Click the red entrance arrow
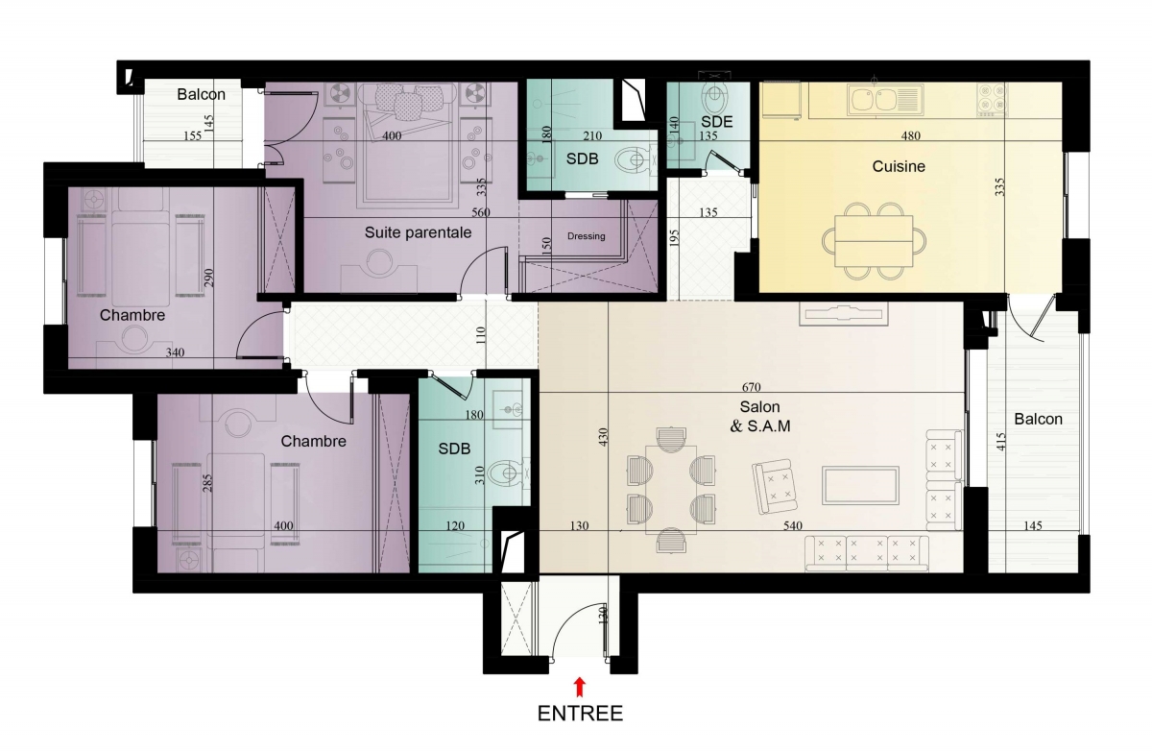click(580, 687)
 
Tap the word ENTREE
click(580, 714)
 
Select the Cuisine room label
click(899, 166)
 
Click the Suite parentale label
click(418, 232)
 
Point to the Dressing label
click(586, 236)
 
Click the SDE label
click(716, 122)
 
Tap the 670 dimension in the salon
click(752, 387)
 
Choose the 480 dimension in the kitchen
click(911, 135)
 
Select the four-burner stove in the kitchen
click(992, 99)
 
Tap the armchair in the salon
click(774, 486)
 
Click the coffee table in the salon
click(860, 486)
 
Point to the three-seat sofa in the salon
click(867, 553)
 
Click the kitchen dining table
click(874, 241)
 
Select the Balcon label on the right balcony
click(1038, 419)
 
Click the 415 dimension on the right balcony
click(1000, 442)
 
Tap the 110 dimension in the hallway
click(480, 335)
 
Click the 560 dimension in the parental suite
click(481, 212)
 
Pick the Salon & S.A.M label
click(760, 417)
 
